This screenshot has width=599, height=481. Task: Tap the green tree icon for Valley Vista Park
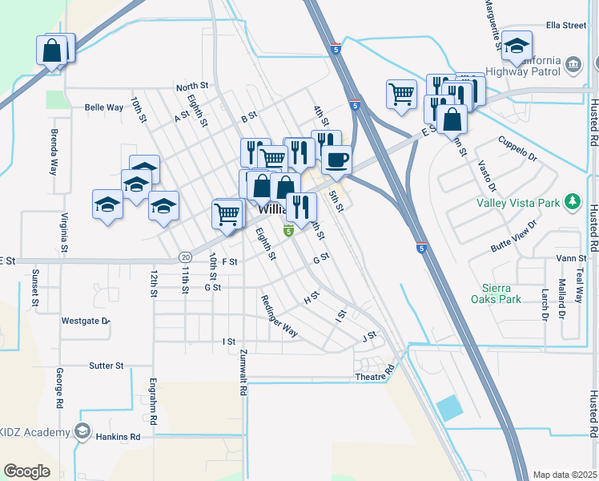(x=573, y=201)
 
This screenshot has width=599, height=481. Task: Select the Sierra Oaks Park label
(x=502, y=293)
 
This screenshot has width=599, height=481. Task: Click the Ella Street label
(x=566, y=26)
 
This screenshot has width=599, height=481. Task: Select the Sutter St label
(x=106, y=366)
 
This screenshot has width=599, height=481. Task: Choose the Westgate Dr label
(x=85, y=321)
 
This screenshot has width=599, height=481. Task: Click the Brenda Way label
(x=54, y=152)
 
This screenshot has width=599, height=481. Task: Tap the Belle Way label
(x=104, y=107)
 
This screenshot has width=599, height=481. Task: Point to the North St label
(x=192, y=86)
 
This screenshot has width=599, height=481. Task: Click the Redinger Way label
(x=279, y=316)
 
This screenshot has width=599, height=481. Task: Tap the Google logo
(x=26, y=471)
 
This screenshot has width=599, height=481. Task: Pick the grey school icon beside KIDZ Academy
(x=82, y=432)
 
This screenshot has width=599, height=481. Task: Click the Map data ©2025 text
(x=565, y=475)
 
